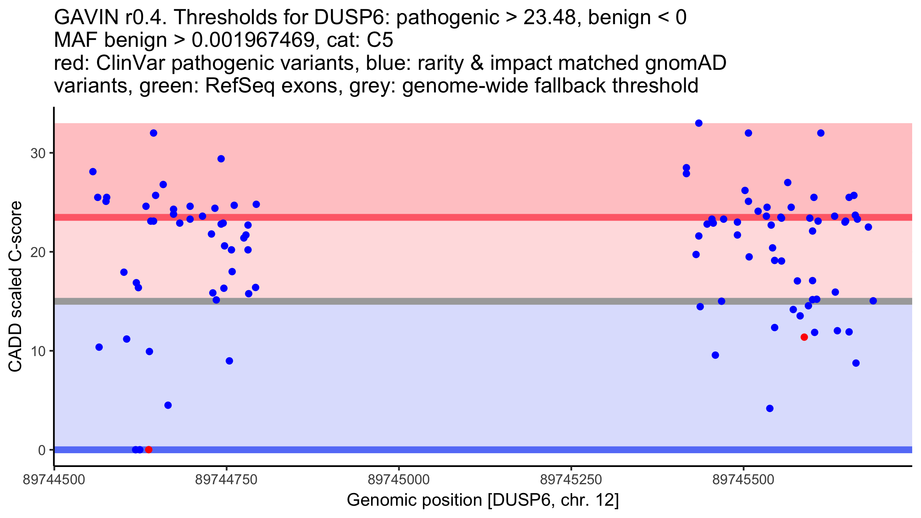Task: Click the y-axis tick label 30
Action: coord(38,153)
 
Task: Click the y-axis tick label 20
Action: coord(38,252)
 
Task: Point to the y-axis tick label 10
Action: coord(38,351)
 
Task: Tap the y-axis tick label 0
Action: coord(41,450)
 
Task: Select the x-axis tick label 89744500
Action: coord(54,480)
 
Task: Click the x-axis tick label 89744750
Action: coord(226,480)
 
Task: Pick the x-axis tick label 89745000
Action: coord(399,480)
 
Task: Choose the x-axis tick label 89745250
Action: coord(571,480)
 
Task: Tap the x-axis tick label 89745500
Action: coord(743,480)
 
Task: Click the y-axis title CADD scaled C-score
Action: coord(15,287)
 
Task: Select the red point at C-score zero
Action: coord(149,450)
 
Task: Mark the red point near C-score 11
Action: coord(804,337)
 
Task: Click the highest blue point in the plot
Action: coord(698,123)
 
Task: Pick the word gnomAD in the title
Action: coord(685,63)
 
